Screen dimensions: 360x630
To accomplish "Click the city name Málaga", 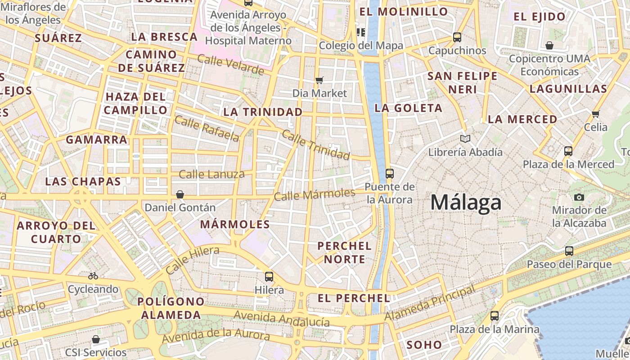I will coord(466,202).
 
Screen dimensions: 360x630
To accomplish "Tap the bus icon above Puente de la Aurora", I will coord(390,173).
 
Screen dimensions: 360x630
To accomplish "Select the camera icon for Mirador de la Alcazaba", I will coord(579,197).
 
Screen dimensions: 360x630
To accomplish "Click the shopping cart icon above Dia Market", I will coord(319,81).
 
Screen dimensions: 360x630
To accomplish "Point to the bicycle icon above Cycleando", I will coord(93,276).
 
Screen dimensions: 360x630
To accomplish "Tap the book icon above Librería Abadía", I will coord(465,139).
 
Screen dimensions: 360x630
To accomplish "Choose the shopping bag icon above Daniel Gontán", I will coord(180,194).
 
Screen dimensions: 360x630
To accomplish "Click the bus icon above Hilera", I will coord(269,276).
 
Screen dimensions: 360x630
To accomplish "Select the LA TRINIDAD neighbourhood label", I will coord(263,112).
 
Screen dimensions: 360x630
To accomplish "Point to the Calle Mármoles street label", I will coord(315,194).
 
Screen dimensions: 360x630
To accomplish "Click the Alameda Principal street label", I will coord(430,304).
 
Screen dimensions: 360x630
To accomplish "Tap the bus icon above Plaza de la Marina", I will coord(495,316).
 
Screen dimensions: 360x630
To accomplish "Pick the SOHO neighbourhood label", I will coord(424,345).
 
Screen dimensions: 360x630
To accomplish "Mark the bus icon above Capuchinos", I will coord(457,37).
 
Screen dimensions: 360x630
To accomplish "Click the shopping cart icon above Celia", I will coord(596,114).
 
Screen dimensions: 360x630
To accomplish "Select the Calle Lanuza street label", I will coord(211,174).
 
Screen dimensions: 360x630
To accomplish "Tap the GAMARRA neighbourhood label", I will coord(97,139).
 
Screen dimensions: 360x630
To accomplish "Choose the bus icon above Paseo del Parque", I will coord(569,251).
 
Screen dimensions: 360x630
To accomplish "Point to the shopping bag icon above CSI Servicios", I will coord(95,339).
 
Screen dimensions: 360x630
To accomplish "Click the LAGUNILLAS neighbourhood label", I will coord(568,89).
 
